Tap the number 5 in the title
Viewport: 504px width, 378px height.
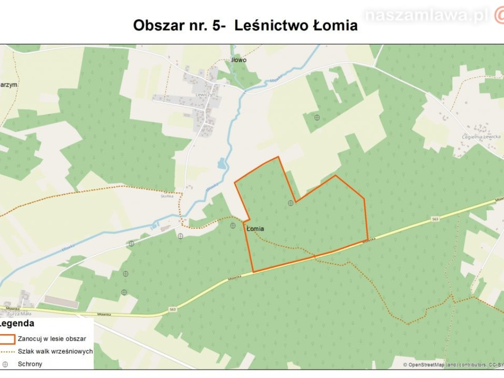(217, 26)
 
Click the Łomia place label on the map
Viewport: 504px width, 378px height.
(255, 228)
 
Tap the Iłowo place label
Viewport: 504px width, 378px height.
(239, 60)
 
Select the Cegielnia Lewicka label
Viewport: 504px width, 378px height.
(481, 137)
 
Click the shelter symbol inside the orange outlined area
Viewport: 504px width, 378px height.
(290, 203)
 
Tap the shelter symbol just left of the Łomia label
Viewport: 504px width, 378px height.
(232, 225)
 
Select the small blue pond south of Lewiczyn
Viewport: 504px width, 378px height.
(221, 163)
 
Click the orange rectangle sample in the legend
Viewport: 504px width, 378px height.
(7, 339)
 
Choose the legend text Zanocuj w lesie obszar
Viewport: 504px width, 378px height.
(52, 339)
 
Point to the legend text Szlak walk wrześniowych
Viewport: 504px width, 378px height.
(55, 351)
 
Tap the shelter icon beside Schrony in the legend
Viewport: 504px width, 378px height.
(5, 364)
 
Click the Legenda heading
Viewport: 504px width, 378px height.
(17, 324)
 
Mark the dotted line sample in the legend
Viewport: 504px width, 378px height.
(7, 351)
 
